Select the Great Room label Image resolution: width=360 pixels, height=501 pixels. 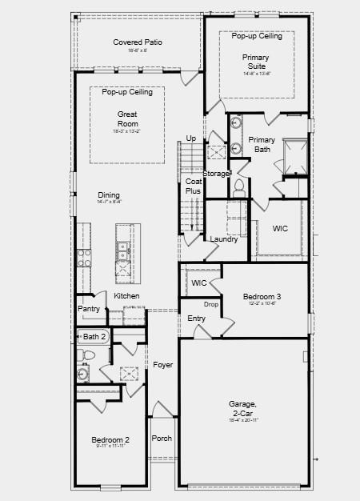pyautogui.click(x=128, y=119)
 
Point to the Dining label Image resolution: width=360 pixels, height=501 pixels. pyautogui.click(x=110, y=195)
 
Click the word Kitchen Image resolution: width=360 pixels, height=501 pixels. pyautogui.click(x=126, y=296)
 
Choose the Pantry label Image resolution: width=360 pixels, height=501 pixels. pyautogui.click(x=89, y=309)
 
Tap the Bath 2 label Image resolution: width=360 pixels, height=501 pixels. pyautogui.click(x=94, y=336)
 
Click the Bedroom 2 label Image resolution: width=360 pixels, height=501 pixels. pyautogui.click(x=110, y=439)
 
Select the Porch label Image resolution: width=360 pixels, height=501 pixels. pyautogui.click(x=162, y=438)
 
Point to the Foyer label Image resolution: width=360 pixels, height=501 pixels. pyautogui.click(x=163, y=365)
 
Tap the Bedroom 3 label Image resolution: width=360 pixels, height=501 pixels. pyautogui.click(x=262, y=296)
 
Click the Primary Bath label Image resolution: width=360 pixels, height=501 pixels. pyautogui.click(x=262, y=144)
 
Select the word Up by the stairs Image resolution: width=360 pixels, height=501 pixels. pyautogui.click(x=191, y=138)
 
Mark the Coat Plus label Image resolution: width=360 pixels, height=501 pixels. pyautogui.click(x=193, y=186)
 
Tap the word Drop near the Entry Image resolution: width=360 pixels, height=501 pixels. pyautogui.click(x=211, y=304)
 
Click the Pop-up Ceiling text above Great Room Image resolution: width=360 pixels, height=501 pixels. pyautogui.click(x=127, y=93)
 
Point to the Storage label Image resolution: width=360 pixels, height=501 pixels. pyautogui.click(x=217, y=174)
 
